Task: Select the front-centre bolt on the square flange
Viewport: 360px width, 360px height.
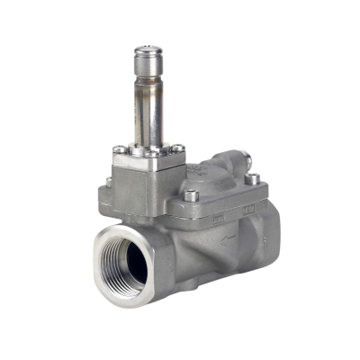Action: coord(152,154)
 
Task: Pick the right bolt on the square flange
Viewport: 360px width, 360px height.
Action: coord(178,147)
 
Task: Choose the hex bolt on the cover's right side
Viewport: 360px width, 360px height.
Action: coord(253,177)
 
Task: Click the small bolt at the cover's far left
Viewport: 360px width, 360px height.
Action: coord(108,181)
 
